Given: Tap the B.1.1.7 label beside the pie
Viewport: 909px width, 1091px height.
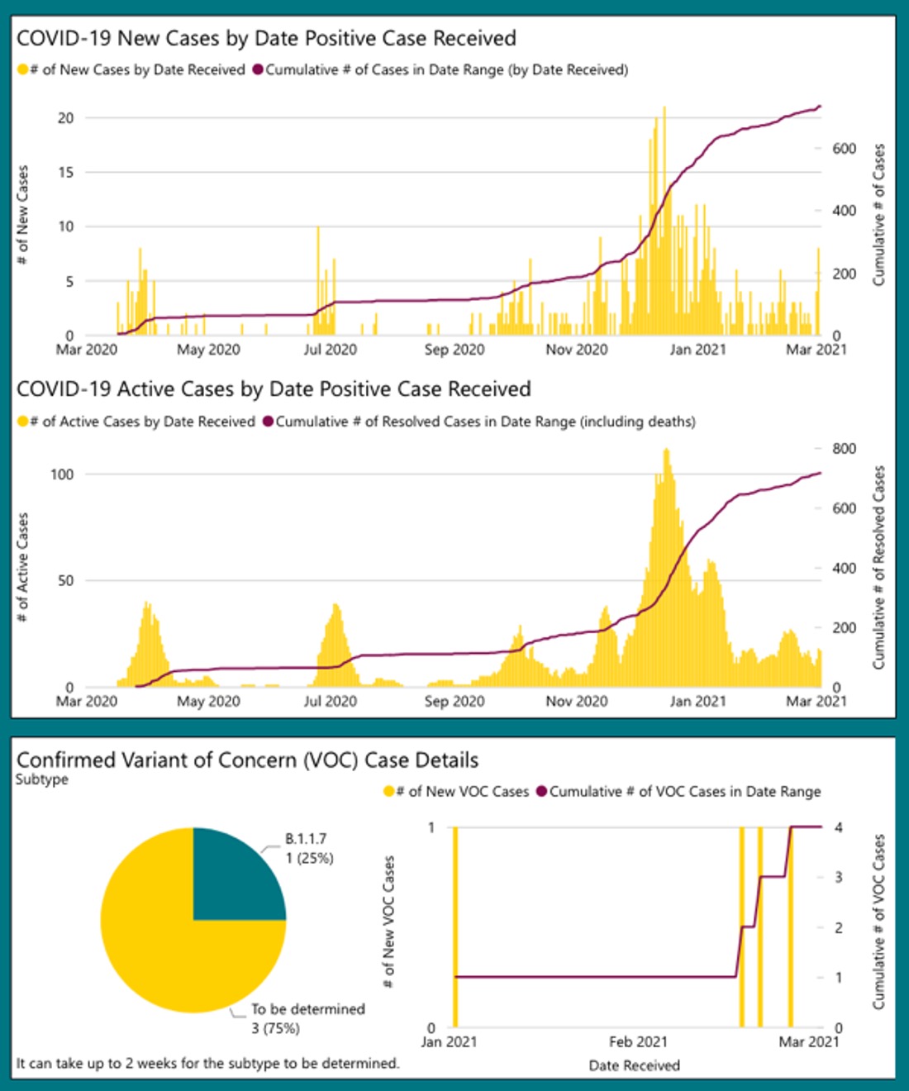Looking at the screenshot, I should [x=306, y=839].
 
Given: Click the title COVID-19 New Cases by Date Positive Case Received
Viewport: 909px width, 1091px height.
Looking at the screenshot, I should [x=266, y=38].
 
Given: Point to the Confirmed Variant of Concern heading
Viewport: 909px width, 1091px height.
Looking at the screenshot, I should [x=247, y=760].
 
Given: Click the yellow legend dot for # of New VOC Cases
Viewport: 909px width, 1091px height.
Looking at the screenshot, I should [x=388, y=792].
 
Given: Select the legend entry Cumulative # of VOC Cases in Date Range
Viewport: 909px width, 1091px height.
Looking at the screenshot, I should [x=684, y=792].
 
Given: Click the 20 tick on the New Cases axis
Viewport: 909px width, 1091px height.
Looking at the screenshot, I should [x=65, y=117].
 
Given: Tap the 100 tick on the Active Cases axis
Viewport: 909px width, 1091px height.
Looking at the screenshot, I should [x=62, y=474].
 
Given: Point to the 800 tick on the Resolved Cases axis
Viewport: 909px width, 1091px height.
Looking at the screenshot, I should [x=844, y=449].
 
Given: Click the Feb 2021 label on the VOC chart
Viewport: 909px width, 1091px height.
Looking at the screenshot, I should [x=638, y=1041].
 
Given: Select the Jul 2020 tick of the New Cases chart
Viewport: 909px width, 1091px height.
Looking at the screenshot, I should [x=330, y=350].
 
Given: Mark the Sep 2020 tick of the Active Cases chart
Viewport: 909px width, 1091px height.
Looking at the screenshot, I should [x=454, y=702].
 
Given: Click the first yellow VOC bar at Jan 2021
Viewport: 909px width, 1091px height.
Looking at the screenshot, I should [x=454, y=926].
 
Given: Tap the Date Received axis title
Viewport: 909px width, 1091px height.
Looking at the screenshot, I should [x=634, y=1065].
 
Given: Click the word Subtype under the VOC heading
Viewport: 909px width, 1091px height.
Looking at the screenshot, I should [x=42, y=779].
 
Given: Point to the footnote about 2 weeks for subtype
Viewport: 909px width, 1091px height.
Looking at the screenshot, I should [x=207, y=1063].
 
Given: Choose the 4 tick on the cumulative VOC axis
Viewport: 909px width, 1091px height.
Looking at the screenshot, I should [x=838, y=827].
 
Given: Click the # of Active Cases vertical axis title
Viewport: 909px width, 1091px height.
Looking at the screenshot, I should [x=23, y=566].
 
